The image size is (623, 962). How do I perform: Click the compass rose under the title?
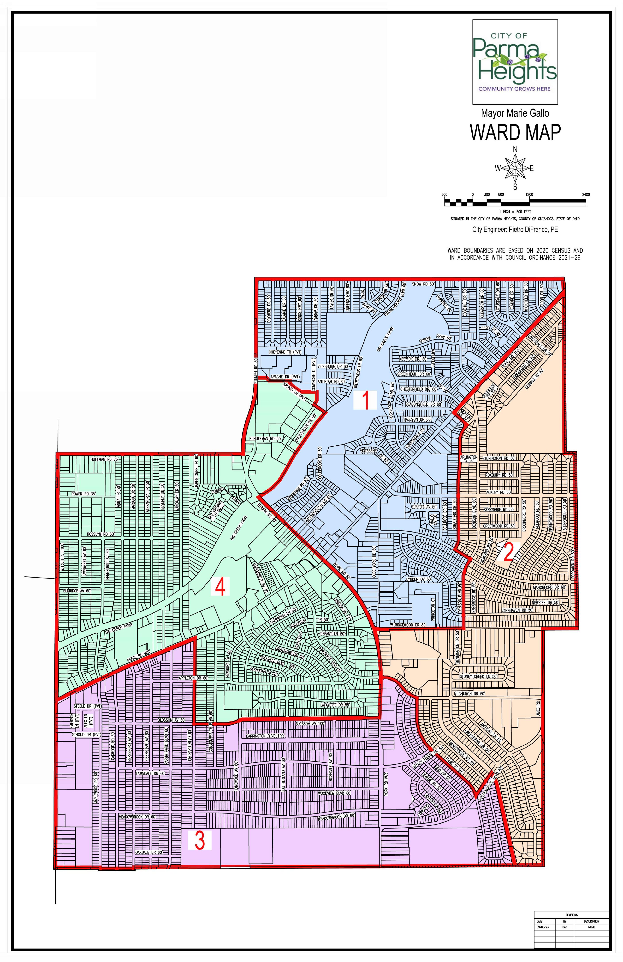click(x=515, y=168)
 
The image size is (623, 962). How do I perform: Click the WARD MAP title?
click(x=515, y=132)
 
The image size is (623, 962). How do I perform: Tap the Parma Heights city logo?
click(x=515, y=62)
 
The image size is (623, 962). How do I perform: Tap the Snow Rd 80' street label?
click(x=423, y=284)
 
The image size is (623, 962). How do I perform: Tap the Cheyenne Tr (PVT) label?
click(x=285, y=352)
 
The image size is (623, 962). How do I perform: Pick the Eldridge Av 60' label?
click(x=77, y=591)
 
